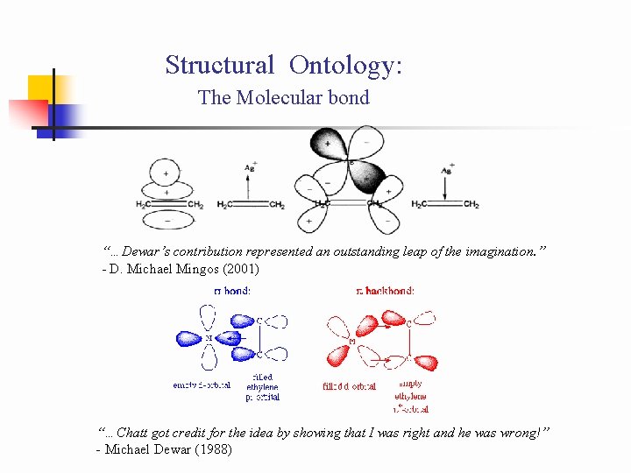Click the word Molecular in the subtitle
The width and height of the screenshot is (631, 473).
(277, 97)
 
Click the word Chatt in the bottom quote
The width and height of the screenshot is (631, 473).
(138, 432)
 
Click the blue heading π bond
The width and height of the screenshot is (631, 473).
(231, 291)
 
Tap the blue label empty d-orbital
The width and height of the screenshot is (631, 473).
(202, 385)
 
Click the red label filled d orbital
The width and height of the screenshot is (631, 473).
(350, 385)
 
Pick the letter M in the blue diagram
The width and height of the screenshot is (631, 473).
(209, 338)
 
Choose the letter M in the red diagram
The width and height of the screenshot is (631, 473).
(352, 340)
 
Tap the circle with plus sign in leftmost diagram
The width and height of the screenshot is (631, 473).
(167, 174)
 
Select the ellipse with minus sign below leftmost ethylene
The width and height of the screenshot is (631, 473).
(167, 218)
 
